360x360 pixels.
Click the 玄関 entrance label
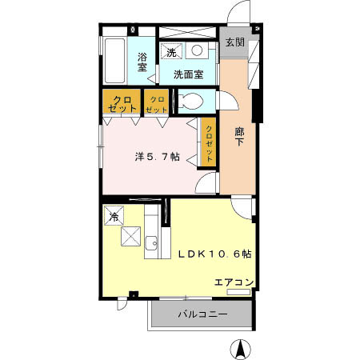tap(234, 42)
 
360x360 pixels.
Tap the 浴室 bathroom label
tap(142, 62)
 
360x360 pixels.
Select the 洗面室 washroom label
tap(189, 74)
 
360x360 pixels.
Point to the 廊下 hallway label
tap(239, 137)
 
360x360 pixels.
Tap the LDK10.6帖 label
tap(214, 254)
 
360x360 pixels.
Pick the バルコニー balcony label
tap(202, 314)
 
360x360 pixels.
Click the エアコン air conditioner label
tap(234, 282)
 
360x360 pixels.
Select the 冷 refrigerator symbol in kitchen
tap(114, 216)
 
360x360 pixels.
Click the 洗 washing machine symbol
tap(170, 52)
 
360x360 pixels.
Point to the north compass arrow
tap(238, 350)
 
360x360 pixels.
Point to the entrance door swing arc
tap(238, 14)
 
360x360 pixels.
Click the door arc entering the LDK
tap(242, 206)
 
